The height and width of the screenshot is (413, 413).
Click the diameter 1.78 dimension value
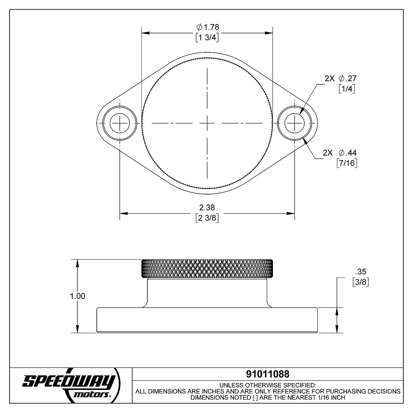point(208,27)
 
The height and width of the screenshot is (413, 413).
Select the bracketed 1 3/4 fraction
point(207,38)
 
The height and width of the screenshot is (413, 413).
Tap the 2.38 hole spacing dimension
point(207,208)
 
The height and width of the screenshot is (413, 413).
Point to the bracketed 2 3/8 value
point(207,218)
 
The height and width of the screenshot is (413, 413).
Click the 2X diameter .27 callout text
point(341,78)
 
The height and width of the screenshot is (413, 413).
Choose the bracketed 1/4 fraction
point(347,89)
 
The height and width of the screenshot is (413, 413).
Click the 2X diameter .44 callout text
point(340,153)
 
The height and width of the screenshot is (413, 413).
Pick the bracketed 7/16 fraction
point(347,163)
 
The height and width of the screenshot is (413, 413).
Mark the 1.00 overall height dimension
point(78,296)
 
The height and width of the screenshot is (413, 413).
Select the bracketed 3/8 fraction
point(361,282)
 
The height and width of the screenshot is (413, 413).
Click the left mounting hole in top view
point(120,123)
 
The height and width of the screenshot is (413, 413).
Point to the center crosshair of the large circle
point(207,123)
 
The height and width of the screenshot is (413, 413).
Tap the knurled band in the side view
point(207,268)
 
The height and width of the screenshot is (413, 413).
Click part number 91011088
point(268,374)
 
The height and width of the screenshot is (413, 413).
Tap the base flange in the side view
point(207,320)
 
